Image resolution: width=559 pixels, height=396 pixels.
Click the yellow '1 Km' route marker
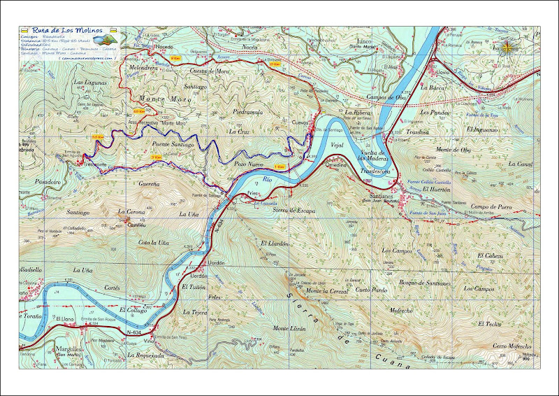(x=279, y=167)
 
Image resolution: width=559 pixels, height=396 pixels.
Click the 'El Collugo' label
(x=133, y=309)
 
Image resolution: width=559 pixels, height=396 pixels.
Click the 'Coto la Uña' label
(x=153, y=242)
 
